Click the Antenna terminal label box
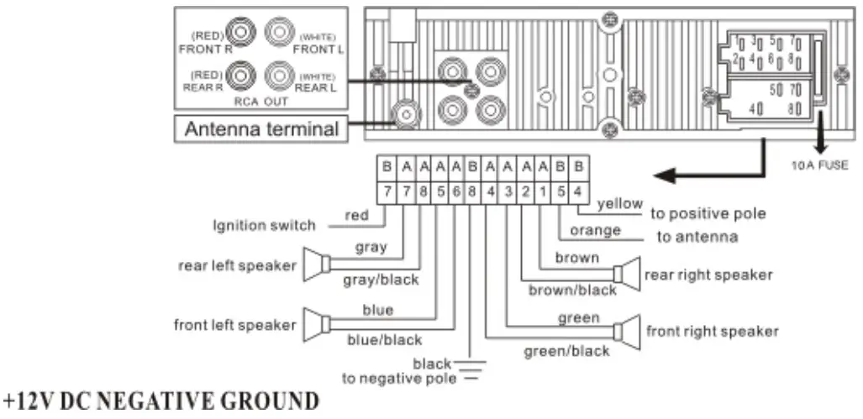click(260, 129)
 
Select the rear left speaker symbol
click(313, 266)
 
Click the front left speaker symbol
click(313, 324)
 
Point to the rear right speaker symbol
click(627, 274)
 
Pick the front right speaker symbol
click(629, 331)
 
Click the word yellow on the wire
click(619, 203)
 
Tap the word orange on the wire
click(595, 230)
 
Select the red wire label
click(356, 216)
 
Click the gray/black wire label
click(380, 280)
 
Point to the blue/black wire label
click(384, 339)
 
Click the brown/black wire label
click(571, 290)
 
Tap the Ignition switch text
click(263, 225)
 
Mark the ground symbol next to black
click(470, 369)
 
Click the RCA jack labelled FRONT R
click(243, 33)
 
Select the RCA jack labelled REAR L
click(278, 76)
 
